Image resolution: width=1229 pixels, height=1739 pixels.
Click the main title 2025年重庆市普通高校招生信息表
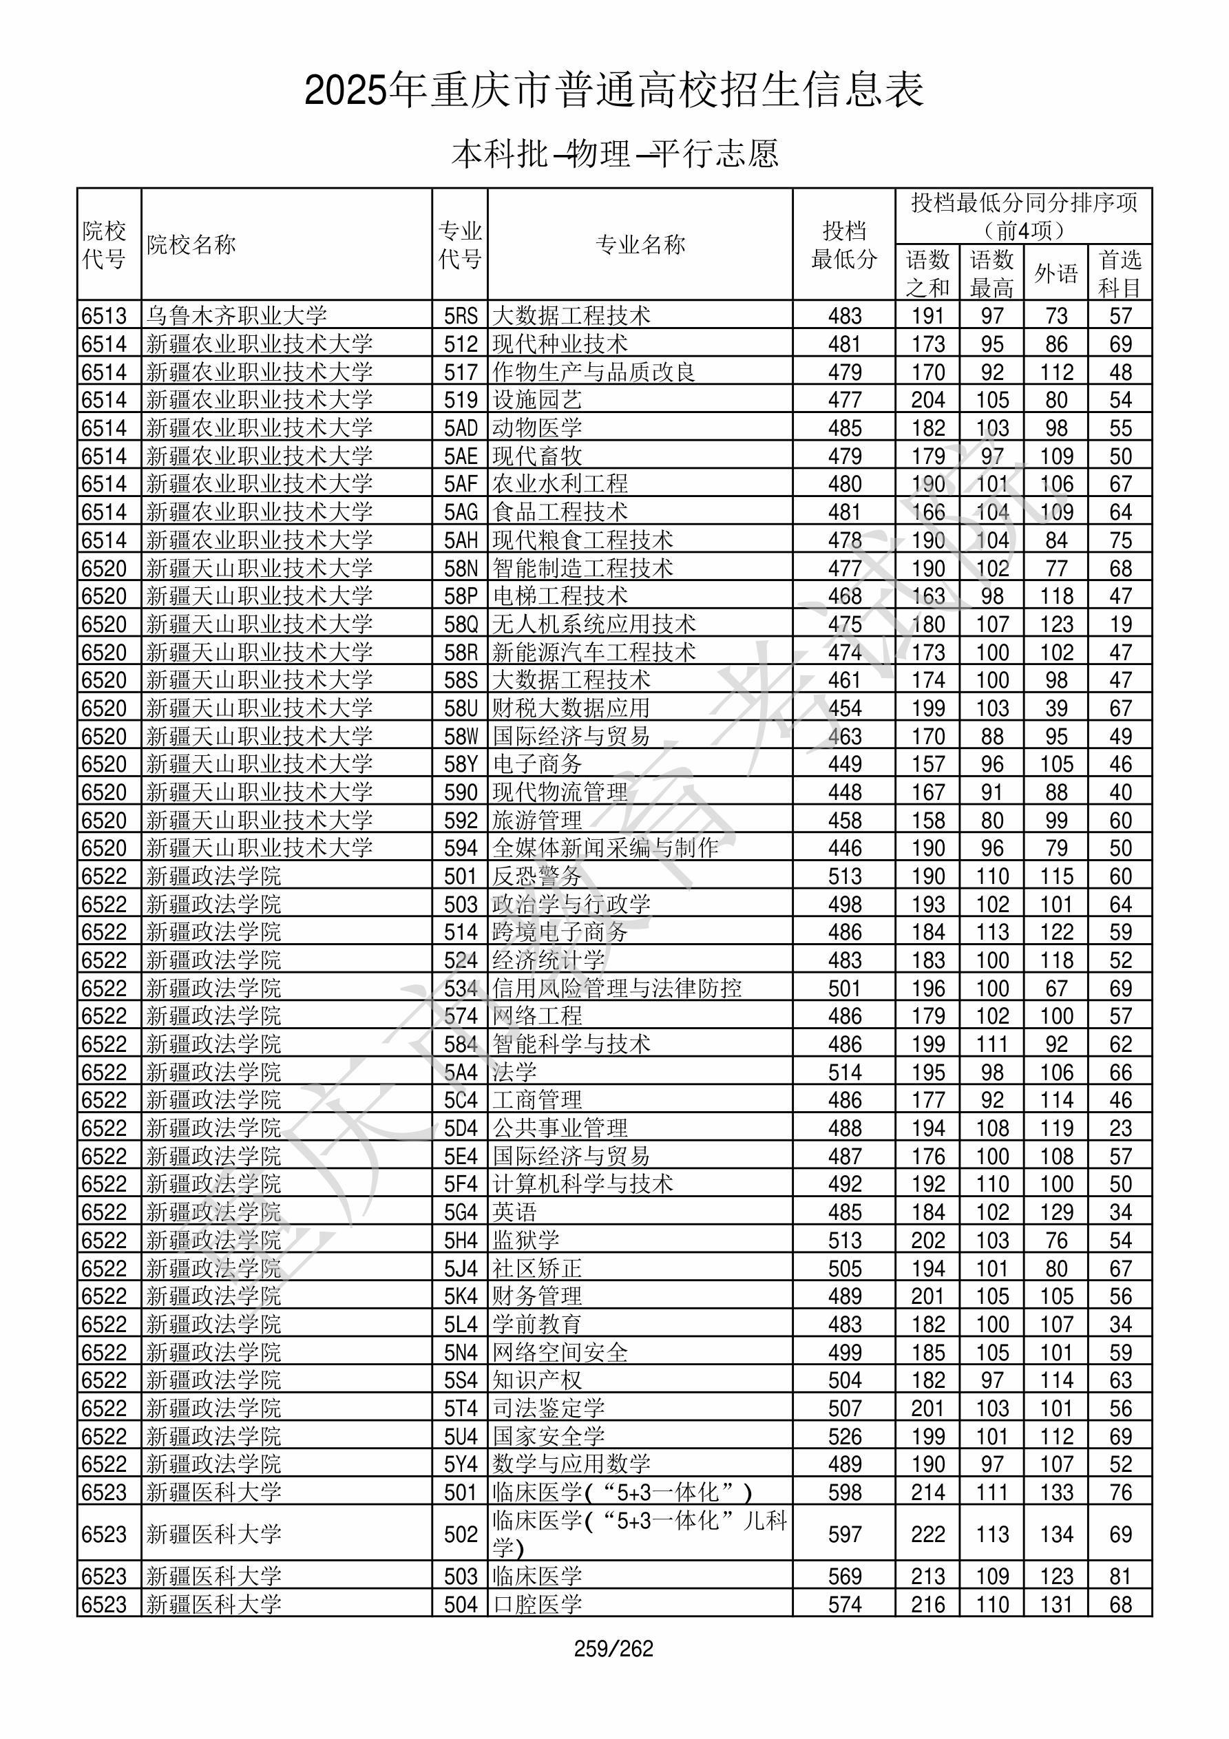pyautogui.click(x=614, y=90)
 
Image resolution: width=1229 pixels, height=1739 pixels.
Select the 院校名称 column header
pyautogui.click(x=191, y=244)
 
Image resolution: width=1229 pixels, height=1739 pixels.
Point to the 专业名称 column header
pyautogui.click(x=640, y=244)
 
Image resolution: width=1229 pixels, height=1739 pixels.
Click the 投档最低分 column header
pyautogui.click(x=844, y=244)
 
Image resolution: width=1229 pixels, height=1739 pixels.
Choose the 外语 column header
pyautogui.click(x=1056, y=273)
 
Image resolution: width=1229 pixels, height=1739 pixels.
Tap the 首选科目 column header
pyautogui.click(x=1120, y=273)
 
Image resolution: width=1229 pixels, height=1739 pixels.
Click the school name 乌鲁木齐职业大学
pyautogui.click(x=236, y=316)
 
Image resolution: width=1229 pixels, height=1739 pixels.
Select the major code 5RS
pyautogui.click(x=461, y=316)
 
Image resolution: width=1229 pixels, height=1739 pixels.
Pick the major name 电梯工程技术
pyautogui.click(x=560, y=596)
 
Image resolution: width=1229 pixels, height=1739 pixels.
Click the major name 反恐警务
pyautogui.click(x=537, y=876)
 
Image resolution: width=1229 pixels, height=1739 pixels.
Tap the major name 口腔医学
pyautogui.click(x=537, y=1604)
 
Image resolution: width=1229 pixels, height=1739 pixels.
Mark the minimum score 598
pyautogui.click(x=845, y=1493)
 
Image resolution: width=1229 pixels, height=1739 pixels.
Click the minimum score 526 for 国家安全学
pyautogui.click(x=845, y=1437)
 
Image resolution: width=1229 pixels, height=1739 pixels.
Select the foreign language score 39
pyautogui.click(x=1056, y=708)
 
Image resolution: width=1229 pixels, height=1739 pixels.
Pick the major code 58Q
pyautogui.click(x=461, y=624)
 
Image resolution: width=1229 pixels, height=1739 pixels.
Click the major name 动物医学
pyautogui.click(x=537, y=428)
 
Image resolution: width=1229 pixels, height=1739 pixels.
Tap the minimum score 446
pyautogui.click(x=845, y=848)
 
